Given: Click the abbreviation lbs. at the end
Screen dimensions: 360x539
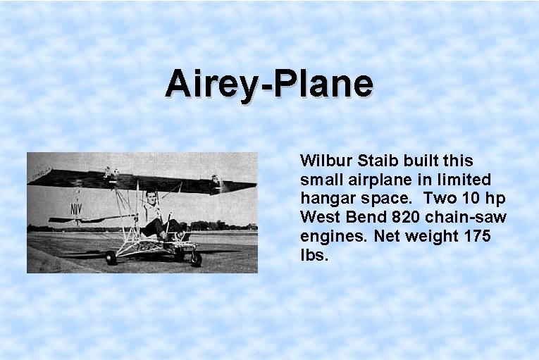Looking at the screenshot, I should point(314,255).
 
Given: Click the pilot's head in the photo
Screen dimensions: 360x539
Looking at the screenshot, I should point(150,196).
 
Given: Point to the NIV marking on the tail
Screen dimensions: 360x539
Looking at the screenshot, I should point(75,209).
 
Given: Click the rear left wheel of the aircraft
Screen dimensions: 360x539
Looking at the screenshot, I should point(111,257).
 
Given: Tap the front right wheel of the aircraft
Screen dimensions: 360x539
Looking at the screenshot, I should point(195,259).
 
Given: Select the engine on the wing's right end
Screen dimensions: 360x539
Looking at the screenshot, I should point(217,182).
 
